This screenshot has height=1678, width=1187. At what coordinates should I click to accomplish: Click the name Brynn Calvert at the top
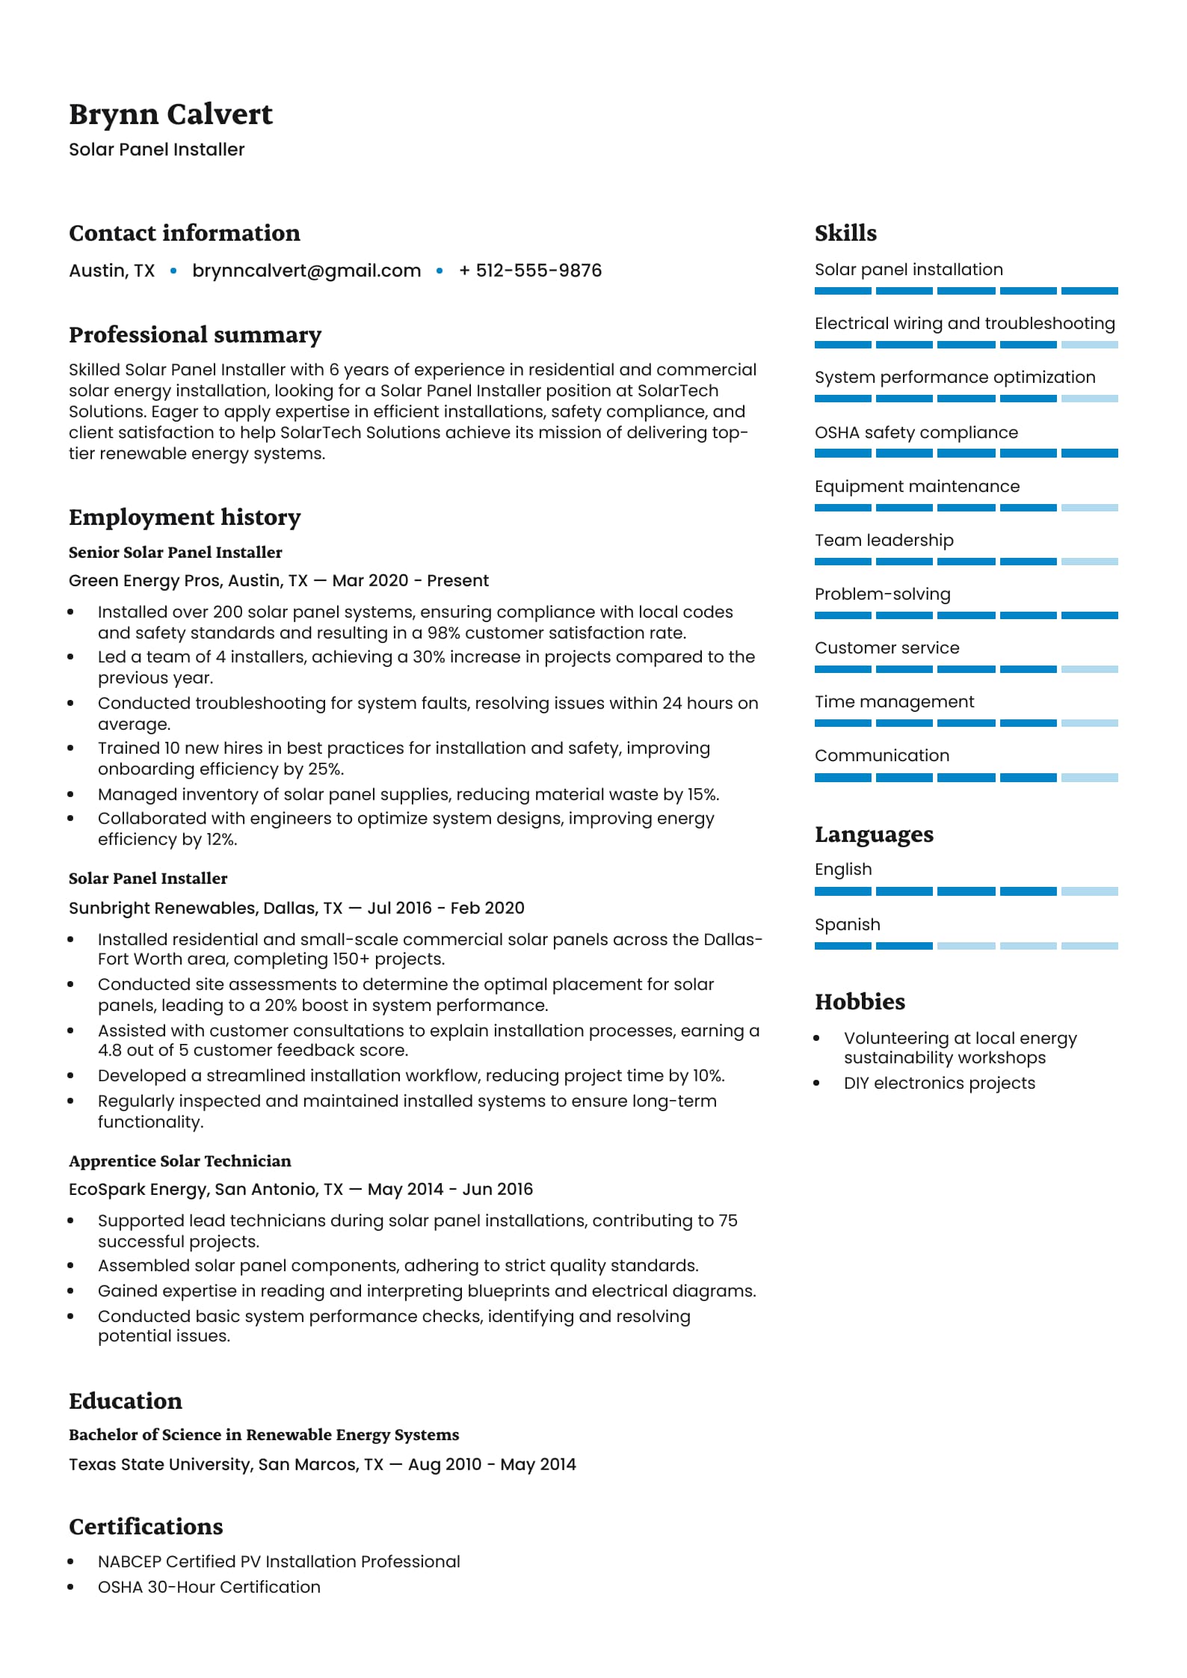[170, 114]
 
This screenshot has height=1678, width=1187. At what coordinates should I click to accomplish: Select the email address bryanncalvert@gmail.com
[306, 271]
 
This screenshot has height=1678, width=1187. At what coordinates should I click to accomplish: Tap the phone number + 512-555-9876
[530, 271]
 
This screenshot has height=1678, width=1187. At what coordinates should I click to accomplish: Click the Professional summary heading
[195, 335]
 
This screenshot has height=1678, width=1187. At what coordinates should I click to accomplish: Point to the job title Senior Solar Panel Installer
[175, 553]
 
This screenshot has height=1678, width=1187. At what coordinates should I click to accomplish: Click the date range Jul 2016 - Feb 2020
[445, 908]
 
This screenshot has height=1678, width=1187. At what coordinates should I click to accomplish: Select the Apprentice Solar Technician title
[179, 1161]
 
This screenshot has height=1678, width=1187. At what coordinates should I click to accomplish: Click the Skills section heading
[845, 233]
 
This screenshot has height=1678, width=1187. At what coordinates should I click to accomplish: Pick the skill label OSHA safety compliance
[916, 433]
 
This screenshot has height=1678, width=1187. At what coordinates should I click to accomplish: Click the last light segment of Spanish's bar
[1089, 946]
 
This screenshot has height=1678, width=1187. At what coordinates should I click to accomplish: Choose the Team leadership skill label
[884, 541]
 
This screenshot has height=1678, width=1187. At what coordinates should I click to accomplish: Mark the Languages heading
[874, 835]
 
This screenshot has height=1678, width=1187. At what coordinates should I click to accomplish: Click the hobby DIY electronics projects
[939, 1084]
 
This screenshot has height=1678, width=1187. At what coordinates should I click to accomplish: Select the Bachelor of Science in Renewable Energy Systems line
[264, 1435]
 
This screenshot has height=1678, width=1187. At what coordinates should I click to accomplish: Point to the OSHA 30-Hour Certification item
[209, 1588]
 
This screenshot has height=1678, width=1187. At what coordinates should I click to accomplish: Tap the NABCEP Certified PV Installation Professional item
[279, 1562]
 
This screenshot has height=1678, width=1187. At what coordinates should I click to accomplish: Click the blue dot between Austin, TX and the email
[173, 271]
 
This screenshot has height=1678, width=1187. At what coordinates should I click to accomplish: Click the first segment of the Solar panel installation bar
[842, 291]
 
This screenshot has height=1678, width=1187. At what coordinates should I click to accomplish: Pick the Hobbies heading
[860, 1002]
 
